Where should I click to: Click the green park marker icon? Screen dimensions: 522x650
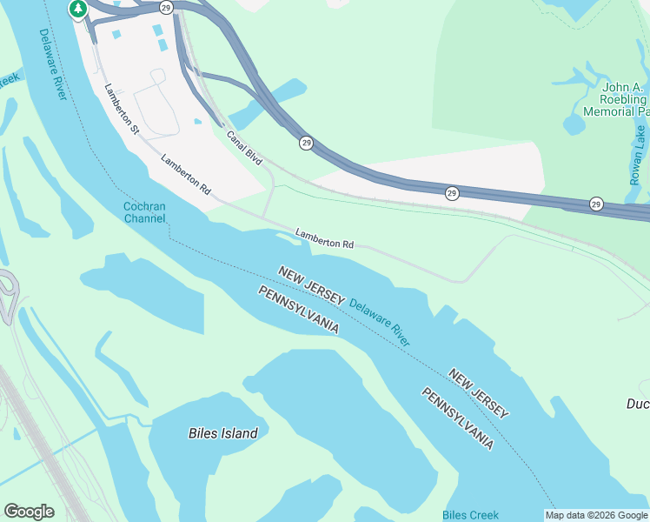click(78, 9)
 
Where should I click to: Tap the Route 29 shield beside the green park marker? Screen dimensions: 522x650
click(167, 7)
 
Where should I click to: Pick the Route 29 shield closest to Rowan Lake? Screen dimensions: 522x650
click(596, 204)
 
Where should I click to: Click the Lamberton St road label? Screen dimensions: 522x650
click(122, 108)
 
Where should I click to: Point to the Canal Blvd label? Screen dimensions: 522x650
click(244, 148)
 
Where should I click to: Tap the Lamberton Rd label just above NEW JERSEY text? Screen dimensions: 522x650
click(323, 239)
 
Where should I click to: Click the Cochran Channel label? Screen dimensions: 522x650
click(144, 213)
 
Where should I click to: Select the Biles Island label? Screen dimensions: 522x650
click(223, 433)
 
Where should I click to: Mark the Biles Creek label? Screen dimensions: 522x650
click(471, 515)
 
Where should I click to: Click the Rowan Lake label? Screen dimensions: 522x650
click(639, 154)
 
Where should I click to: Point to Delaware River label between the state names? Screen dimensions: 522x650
click(380, 322)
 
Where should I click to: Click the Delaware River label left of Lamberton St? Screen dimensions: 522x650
click(53, 65)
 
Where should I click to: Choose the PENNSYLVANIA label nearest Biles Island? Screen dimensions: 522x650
click(298, 310)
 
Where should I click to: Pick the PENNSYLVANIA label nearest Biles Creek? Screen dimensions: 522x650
click(458, 418)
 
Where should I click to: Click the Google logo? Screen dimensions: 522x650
click(29, 512)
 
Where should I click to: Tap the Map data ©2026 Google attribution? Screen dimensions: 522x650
click(596, 515)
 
